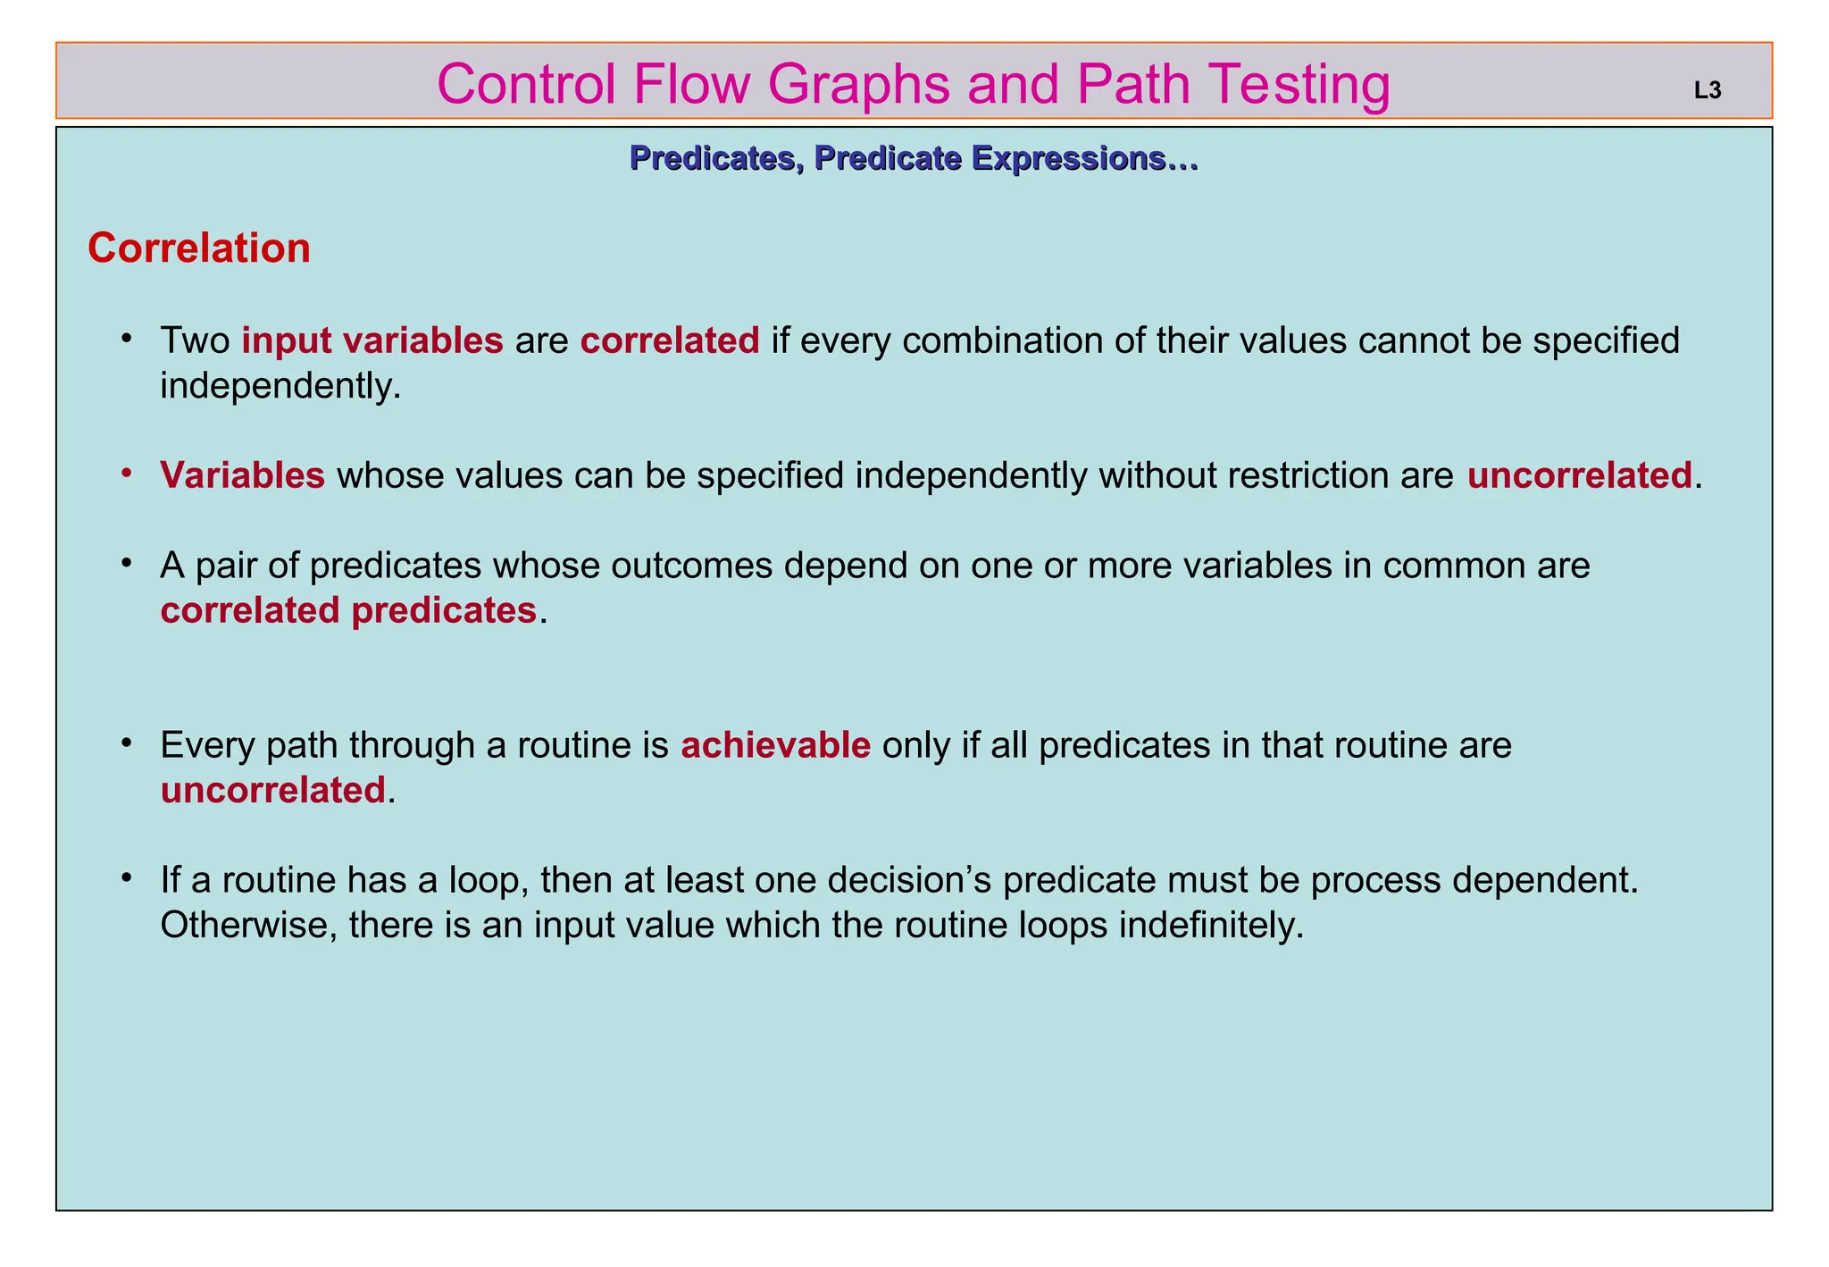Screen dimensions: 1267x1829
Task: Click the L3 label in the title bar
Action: coord(1707,90)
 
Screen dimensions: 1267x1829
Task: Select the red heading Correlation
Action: coord(199,248)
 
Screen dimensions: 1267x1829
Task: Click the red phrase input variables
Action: coord(372,340)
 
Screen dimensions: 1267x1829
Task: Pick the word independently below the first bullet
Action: coord(280,386)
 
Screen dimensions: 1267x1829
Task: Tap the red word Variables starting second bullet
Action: coord(242,475)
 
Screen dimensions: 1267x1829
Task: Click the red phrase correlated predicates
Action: coord(348,610)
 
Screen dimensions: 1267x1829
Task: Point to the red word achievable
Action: coord(775,745)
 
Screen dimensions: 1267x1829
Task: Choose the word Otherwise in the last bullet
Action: coord(248,925)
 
